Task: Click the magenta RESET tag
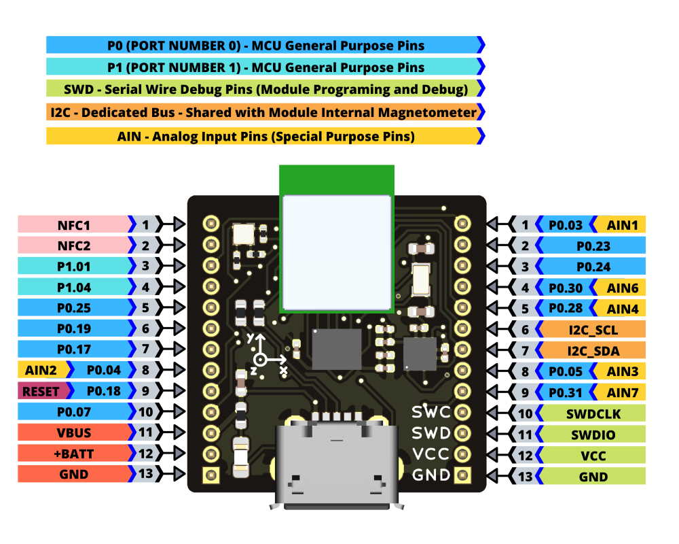click(41, 391)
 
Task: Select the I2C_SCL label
click(593, 330)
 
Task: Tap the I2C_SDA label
click(593, 351)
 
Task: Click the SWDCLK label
click(593, 413)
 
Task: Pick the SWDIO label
click(593, 434)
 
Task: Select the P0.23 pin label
click(593, 245)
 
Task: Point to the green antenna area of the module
click(336, 180)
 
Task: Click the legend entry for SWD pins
click(265, 89)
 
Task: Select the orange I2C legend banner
click(265, 112)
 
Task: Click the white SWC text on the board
click(431, 412)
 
